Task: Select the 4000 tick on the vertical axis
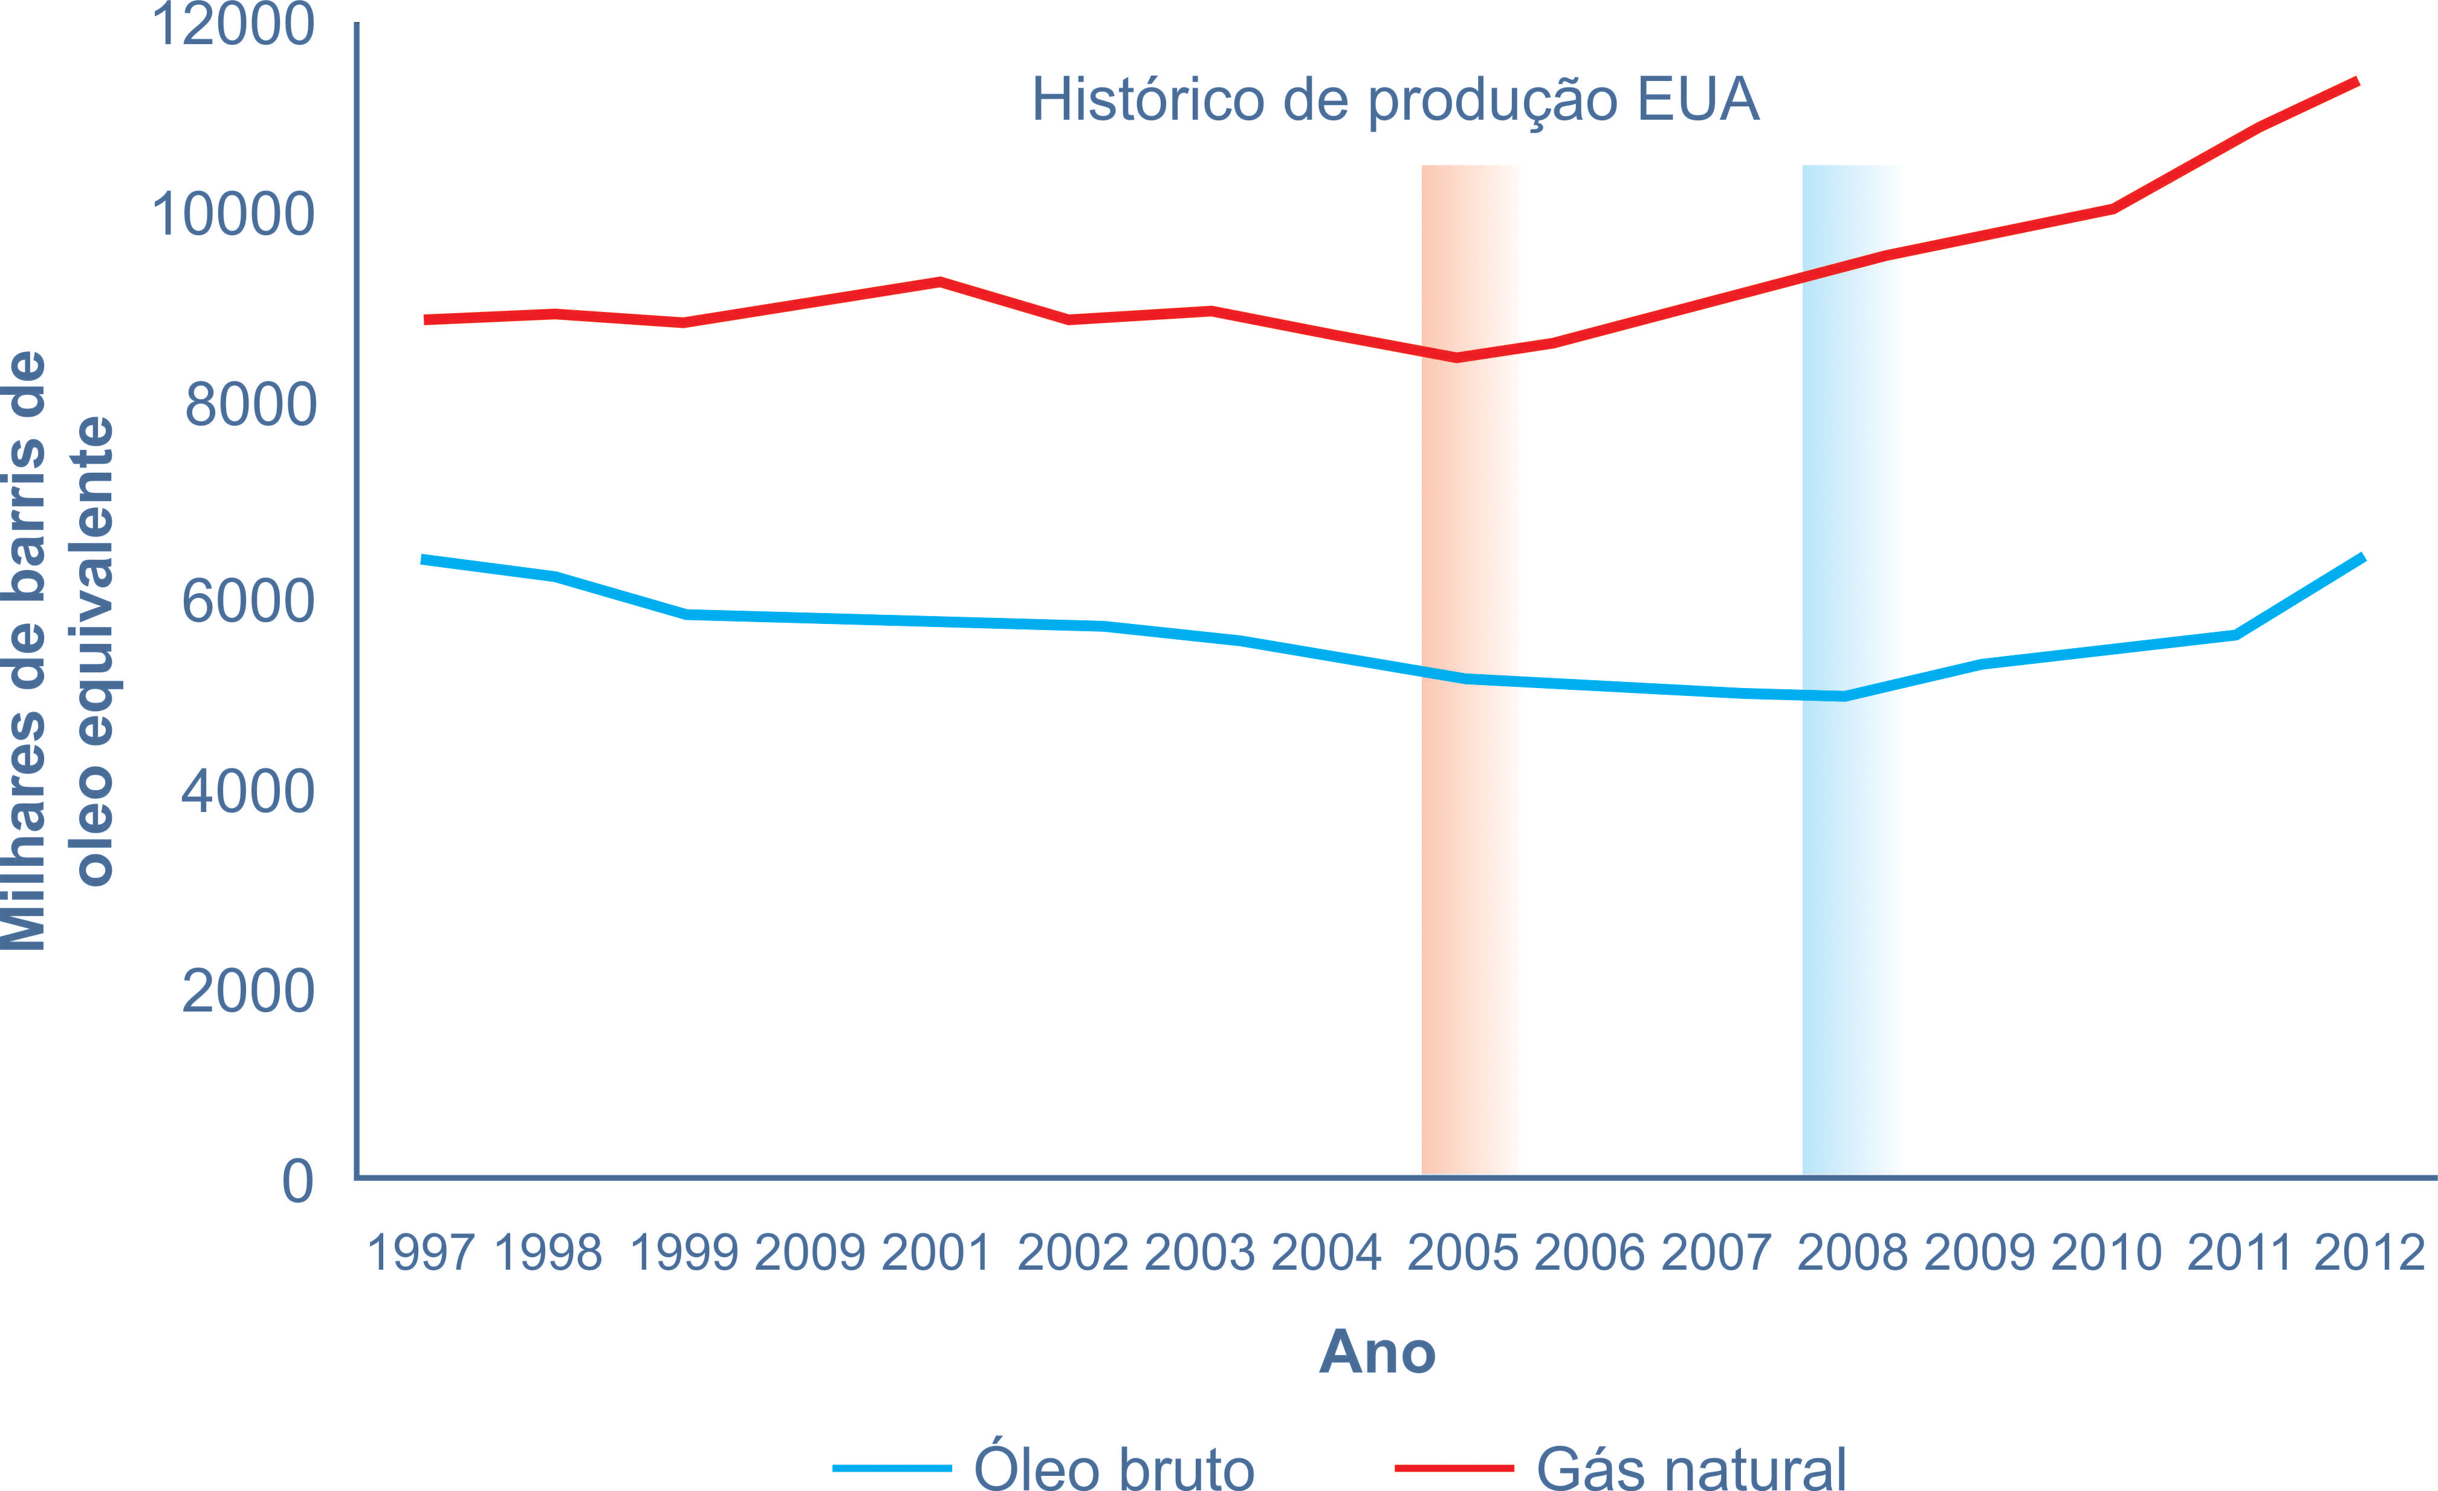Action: coord(247,793)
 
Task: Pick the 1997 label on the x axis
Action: coord(421,1253)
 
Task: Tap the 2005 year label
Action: coord(1462,1253)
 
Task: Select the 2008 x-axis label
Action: coord(1851,1253)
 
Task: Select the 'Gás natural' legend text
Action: coord(1691,1468)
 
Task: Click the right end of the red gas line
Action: coord(2357,83)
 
